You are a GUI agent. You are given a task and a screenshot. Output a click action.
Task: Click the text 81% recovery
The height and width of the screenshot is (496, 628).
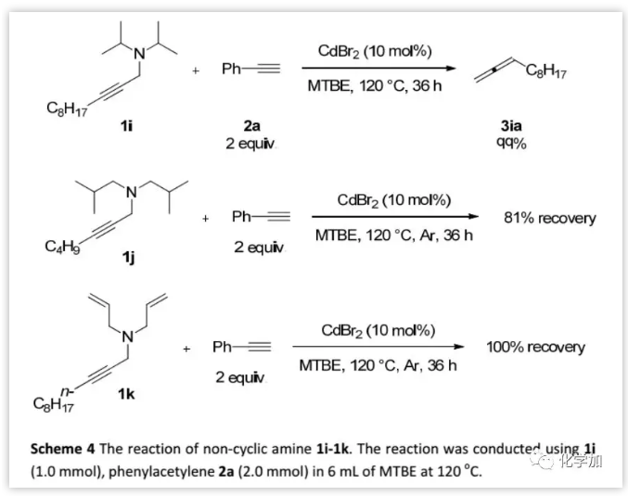point(549,219)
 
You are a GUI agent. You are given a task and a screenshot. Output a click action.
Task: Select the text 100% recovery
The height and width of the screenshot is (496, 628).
point(535,347)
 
